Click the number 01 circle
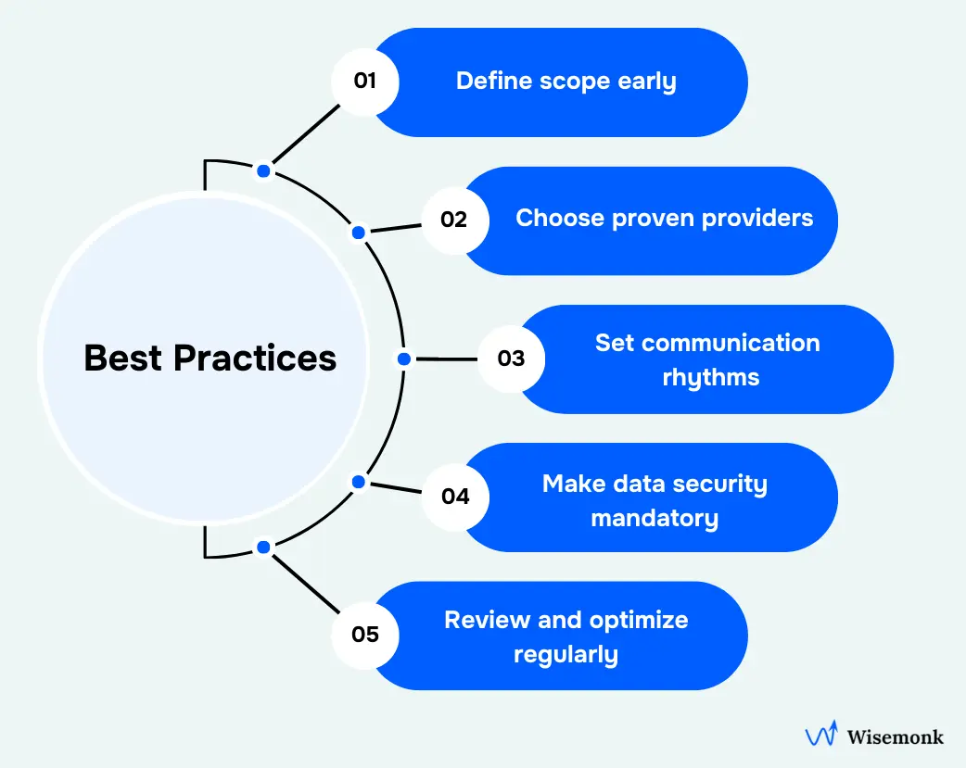[x=365, y=81]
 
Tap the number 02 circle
[x=453, y=220]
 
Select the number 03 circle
[x=511, y=359]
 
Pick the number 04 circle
[x=455, y=497]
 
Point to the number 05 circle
[x=365, y=635]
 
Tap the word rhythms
[x=711, y=377]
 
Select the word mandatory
[x=655, y=518]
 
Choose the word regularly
[x=566, y=655]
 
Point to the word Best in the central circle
[x=123, y=358]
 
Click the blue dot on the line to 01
[x=264, y=170]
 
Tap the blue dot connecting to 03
[x=403, y=359]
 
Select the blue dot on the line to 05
[x=263, y=548]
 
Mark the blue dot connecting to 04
[x=358, y=482]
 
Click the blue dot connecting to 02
[x=358, y=233]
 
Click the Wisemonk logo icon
[x=821, y=736]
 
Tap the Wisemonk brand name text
[x=896, y=737]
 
